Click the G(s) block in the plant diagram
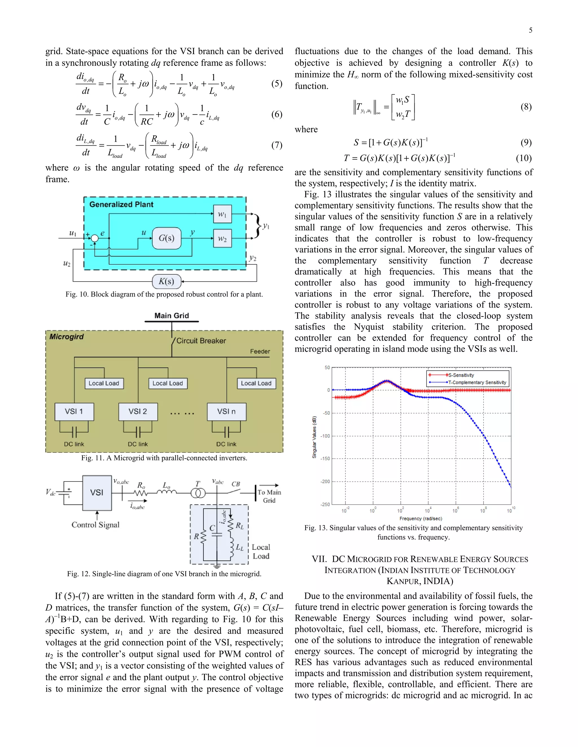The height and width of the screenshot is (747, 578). tap(167, 238)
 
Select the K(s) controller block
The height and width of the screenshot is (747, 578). tap(167, 282)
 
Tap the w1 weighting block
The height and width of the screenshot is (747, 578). tap(222, 214)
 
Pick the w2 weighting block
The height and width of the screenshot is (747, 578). tap(222, 238)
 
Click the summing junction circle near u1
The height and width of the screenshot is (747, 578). tap(95, 238)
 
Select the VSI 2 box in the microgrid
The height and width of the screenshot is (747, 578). tap(138, 412)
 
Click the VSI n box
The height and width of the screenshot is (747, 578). tap(226, 412)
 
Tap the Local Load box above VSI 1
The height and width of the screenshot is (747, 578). tap(104, 383)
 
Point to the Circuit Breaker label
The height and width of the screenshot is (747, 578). tap(201, 341)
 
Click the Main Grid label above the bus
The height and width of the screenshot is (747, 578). tap(172, 316)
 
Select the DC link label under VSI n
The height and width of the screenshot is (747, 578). tap(226, 444)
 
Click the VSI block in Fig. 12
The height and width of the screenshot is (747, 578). tap(97, 492)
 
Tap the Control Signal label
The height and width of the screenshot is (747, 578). tap(96, 525)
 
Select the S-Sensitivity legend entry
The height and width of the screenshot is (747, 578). tap(461, 375)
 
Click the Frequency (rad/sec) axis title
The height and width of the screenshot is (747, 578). tap(421, 518)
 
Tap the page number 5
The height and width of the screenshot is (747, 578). tap(530, 30)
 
